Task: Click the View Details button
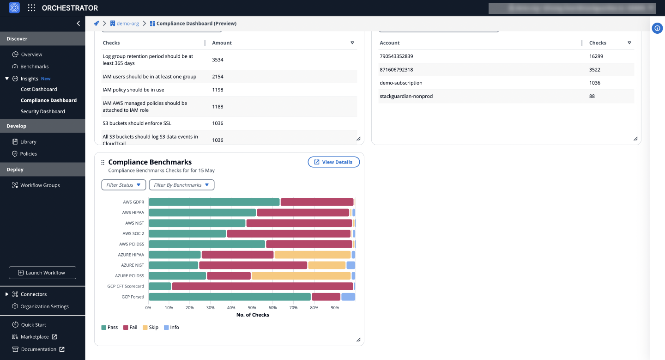(x=333, y=162)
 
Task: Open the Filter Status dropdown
(x=123, y=185)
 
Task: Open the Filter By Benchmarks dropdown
(x=181, y=185)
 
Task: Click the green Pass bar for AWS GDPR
(x=214, y=202)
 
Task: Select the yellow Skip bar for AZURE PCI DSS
(x=301, y=276)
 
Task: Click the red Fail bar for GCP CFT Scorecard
(x=262, y=286)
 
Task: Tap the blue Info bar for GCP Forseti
(x=348, y=297)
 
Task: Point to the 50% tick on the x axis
(x=252, y=308)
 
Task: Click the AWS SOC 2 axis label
(x=133, y=233)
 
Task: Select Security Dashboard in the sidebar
(x=42, y=111)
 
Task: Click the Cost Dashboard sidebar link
(x=39, y=89)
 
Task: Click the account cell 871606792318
(x=396, y=70)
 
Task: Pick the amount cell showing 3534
(x=218, y=60)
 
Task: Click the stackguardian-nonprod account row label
(x=406, y=96)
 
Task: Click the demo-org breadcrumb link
(x=127, y=24)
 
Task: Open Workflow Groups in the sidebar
(x=40, y=185)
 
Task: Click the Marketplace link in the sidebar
(x=35, y=337)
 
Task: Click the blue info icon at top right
(x=657, y=28)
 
